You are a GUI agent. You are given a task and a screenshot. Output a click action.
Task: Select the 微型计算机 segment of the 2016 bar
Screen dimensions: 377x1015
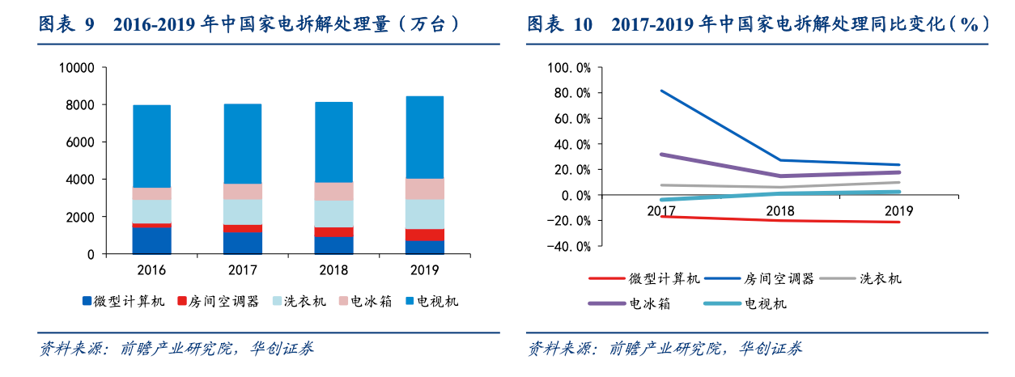(152, 240)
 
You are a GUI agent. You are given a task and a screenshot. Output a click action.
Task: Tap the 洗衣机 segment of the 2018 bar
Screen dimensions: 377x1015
(333, 214)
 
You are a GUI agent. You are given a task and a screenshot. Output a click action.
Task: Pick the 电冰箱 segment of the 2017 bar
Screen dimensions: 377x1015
(243, 191)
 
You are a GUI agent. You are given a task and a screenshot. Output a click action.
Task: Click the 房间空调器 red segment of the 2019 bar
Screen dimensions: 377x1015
(424, 235)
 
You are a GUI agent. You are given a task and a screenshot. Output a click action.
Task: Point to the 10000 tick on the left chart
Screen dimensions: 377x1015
(76, 68)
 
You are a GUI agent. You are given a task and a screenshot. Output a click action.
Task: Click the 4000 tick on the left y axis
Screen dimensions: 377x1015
(79, 180)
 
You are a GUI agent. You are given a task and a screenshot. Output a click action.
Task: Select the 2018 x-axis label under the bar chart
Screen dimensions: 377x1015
(333, 270)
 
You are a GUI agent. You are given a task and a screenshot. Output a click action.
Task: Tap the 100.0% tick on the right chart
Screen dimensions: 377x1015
(570, 67)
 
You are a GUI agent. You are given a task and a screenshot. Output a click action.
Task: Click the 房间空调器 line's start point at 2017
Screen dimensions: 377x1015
(661, 91)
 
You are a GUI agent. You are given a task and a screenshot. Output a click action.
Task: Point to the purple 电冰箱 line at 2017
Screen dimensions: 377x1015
(661, 154)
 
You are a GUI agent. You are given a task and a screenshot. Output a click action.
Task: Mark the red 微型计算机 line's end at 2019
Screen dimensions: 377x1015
(899, 222)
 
